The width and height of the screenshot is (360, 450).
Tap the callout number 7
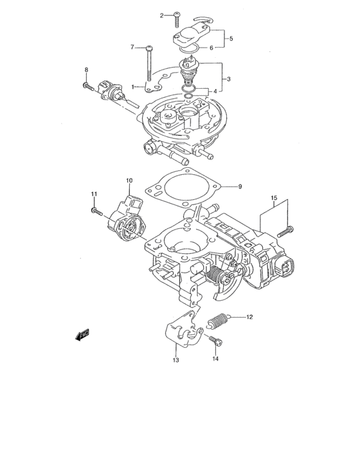pyautogui.click(x=133, y=47)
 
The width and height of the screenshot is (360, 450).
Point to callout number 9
pyautogui.click(x=239, y=187)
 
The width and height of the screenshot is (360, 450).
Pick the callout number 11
pyautogui.click(x=93, y=194)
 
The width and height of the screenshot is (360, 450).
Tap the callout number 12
pyautogui.click(x=250, y=317)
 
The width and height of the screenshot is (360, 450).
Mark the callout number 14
pyautogui.click(x=215, y=358)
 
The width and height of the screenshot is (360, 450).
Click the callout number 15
pyautogui.click(x=273, y=198)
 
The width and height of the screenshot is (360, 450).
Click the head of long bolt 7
pyautogui.click(x=149, y=48)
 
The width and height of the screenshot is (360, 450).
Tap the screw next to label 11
pyautogui.click(x=96, y=210)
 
